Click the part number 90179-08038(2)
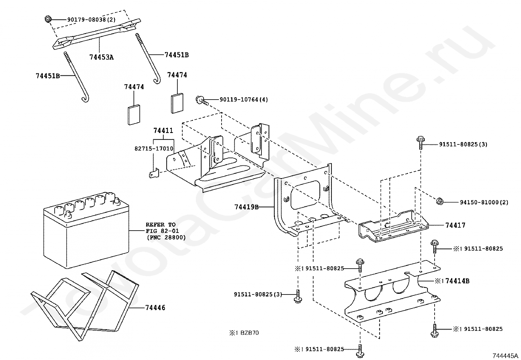[x=91, y=20]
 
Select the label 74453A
[x=101, y=57]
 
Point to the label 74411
[x=163, y=131]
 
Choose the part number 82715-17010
[x=154, y=149]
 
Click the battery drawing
[x=86, y=229]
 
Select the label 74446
[x=155, y=308]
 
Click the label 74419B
[x=247, y=207]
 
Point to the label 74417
[x=455, y=225]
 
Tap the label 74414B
[x=458, y=281]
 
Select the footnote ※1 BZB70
[x=244, y=333]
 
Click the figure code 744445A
[x=506, y=356]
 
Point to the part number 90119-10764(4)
[x=243, y=99]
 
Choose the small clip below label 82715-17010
[x=154, y=173]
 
